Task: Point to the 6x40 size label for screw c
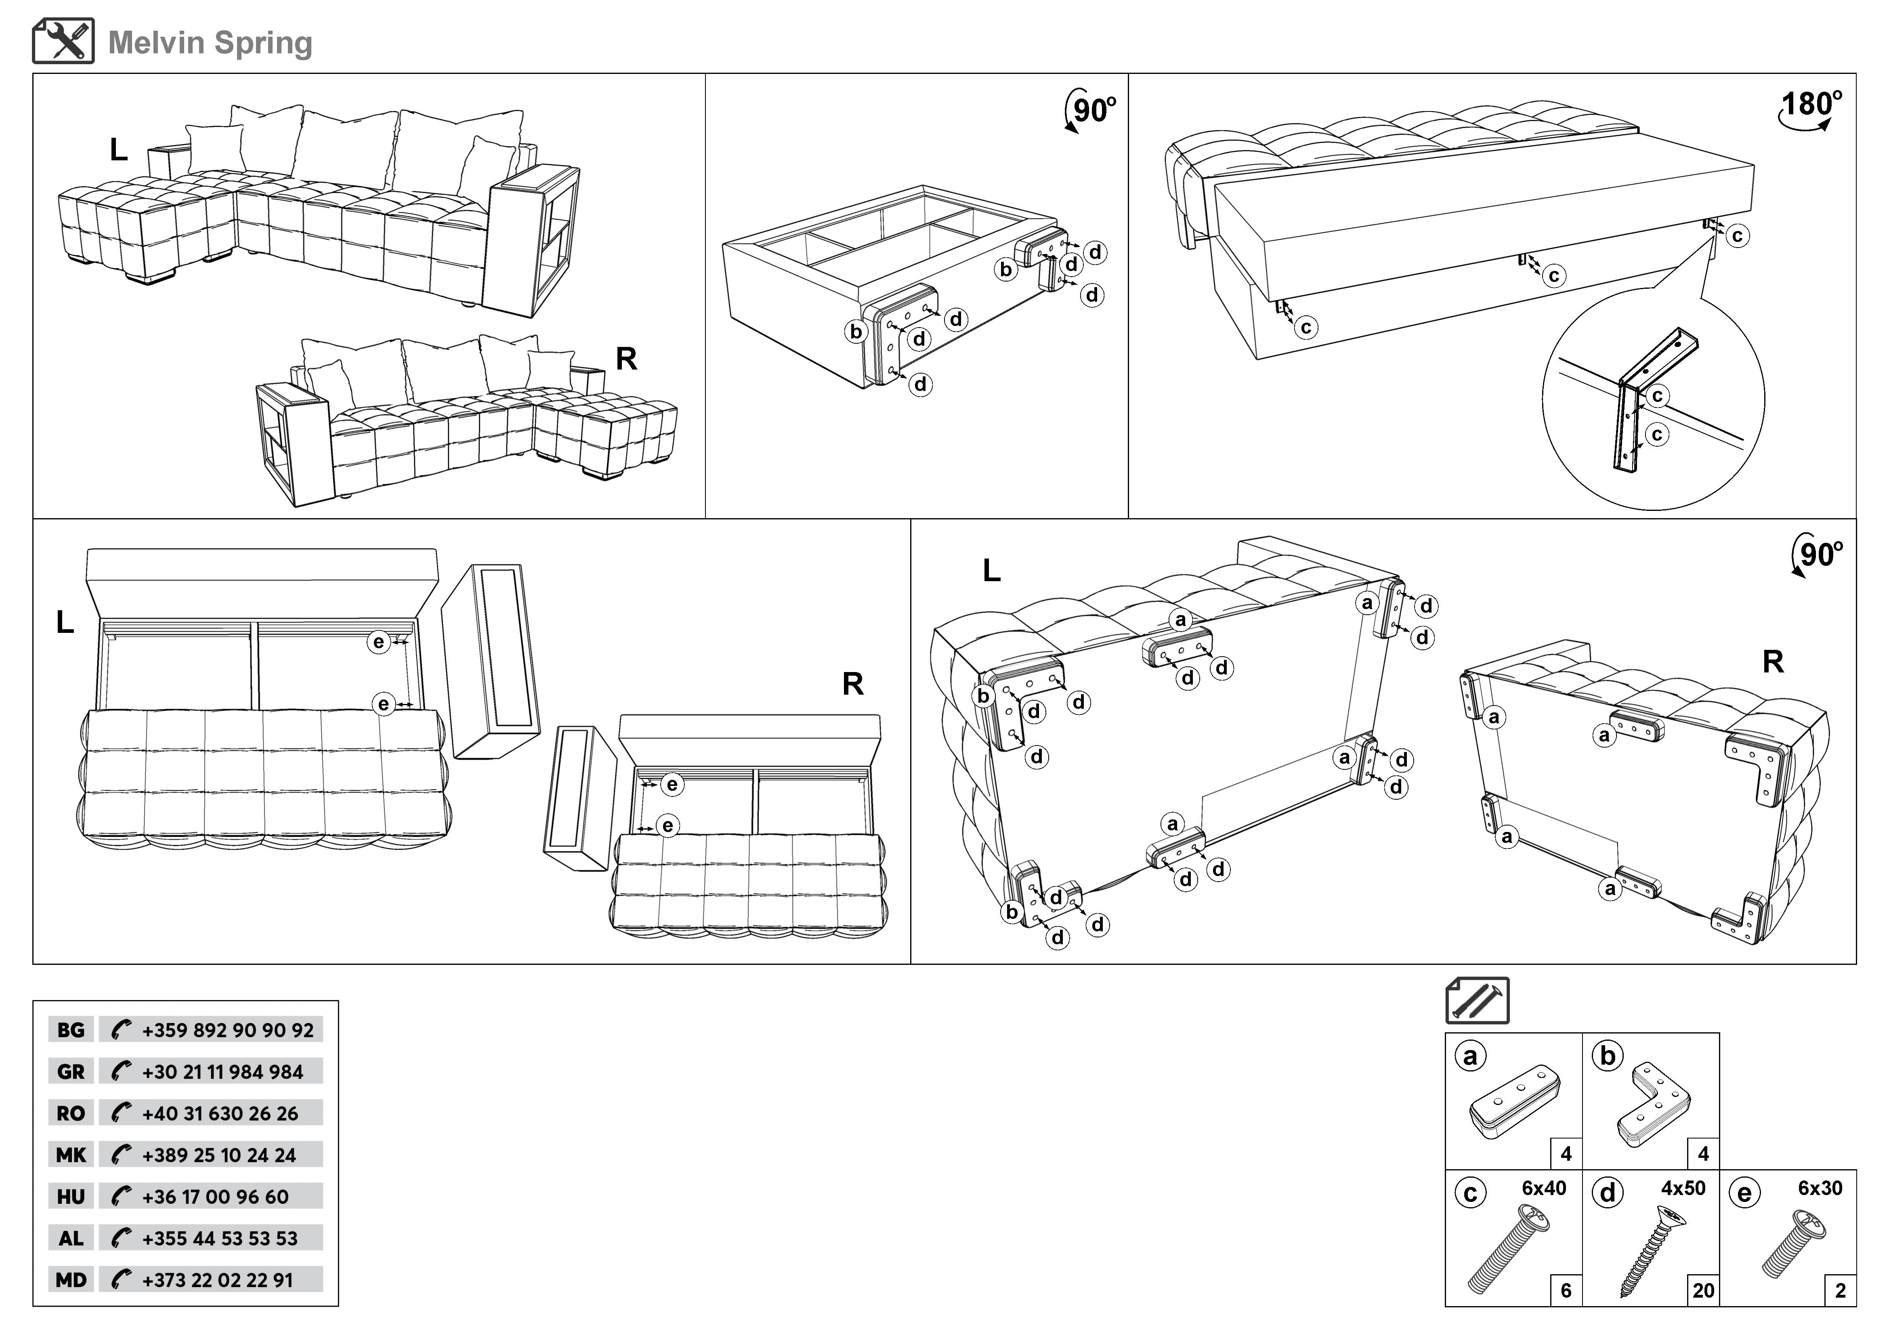1543,1188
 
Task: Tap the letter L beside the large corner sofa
118,150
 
